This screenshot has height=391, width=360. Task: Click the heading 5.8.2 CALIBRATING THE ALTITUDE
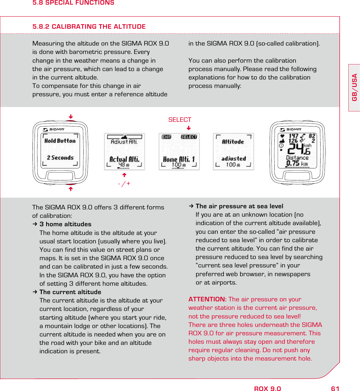[x=89, y=27]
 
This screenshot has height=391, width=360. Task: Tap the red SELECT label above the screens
[x=180, y=120]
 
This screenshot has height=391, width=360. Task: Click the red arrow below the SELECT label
[x=189, y=128]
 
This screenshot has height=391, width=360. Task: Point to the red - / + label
[x=124, y=184]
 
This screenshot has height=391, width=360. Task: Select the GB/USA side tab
[x=354, y=87]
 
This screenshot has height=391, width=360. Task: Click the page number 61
[x=335, y=389]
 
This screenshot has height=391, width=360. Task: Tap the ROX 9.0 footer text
[x=267, y=389]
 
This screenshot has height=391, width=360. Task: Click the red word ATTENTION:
[x=207, y=299]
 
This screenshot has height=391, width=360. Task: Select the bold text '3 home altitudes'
[x=65, y=224]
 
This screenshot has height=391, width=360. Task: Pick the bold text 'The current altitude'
[x=70, y=292]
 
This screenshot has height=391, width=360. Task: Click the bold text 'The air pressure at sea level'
[x=239, y=206]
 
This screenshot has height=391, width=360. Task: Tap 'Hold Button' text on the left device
[x=60, y=141]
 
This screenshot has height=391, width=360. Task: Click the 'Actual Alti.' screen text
[x=124, y=159]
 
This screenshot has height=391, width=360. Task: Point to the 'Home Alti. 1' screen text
[x=179, y=159]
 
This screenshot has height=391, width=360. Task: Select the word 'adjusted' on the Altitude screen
[x=233, y=159]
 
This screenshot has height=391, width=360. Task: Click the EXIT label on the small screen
[x=166, y=137]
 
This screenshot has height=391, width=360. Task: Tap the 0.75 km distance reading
[x=297, y=164]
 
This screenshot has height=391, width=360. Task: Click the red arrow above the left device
[x=71, y=117]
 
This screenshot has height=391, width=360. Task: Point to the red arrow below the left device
[x=71, y=189]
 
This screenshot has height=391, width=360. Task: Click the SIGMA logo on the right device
[x=291, y=129]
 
